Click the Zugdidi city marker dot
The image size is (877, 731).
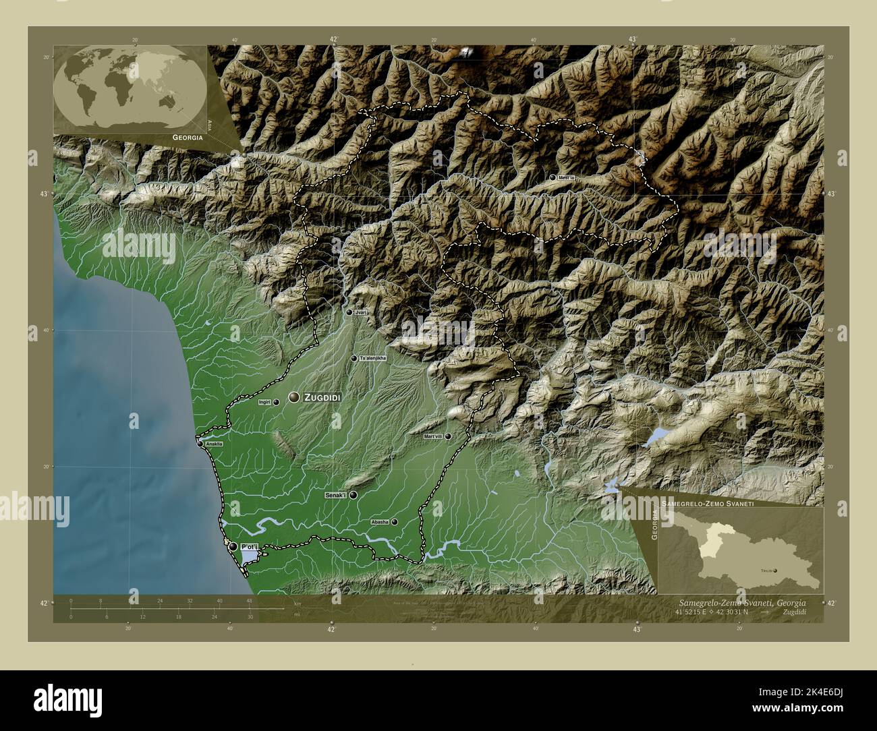click(294, 397)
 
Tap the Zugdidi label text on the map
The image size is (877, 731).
click(322, 398)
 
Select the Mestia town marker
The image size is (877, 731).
click(553, 177)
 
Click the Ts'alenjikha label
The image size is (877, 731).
click(373, 358)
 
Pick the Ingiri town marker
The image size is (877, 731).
click(276, 402)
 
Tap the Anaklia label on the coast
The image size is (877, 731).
click(213, 444)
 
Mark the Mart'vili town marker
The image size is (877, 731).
click(447, 436)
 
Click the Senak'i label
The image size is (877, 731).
click(335, 495)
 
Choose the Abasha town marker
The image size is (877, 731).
click(395, 521)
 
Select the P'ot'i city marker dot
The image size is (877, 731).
click(233, 546)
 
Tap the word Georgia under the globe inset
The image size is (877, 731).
click(188, 137)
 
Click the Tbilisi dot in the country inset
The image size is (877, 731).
click(775, 570)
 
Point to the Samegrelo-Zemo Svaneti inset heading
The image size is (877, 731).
click(707, 504)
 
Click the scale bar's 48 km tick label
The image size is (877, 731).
click(249, 600)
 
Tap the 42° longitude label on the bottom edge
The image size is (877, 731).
click(332, 629)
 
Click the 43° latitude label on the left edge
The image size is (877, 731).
click(43, 194)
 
